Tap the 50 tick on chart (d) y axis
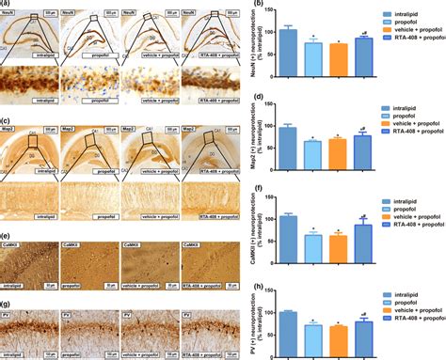click(271, 146)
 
